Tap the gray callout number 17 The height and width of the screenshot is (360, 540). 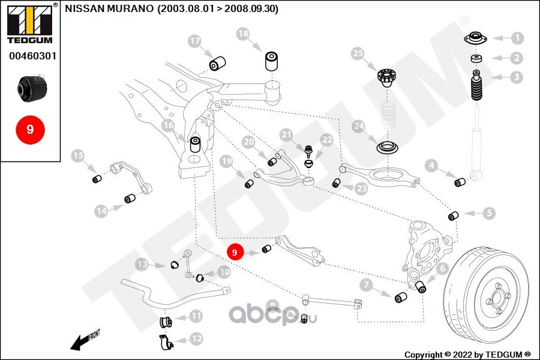point(194,41)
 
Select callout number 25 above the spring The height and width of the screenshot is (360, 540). point(358,55)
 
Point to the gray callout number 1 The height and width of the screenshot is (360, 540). point(517,38)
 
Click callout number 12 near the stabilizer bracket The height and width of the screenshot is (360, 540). point(197,338)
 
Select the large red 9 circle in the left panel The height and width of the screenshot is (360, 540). point(30,129)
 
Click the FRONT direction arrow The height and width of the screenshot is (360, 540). point(85,341)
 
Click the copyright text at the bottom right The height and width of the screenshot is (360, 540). point(468,354)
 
